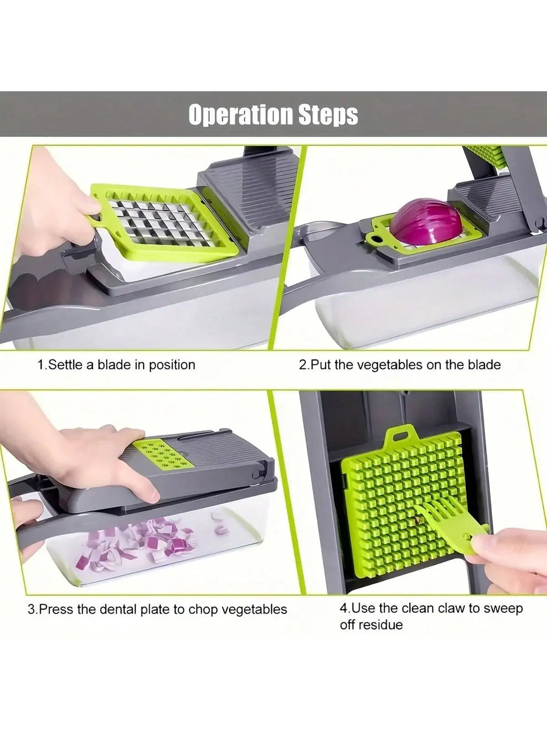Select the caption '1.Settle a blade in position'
tap(116, 365)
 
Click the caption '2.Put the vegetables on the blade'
tap(399, 365)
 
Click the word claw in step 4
tap(452, 608)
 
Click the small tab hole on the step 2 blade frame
tap(378, 238)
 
